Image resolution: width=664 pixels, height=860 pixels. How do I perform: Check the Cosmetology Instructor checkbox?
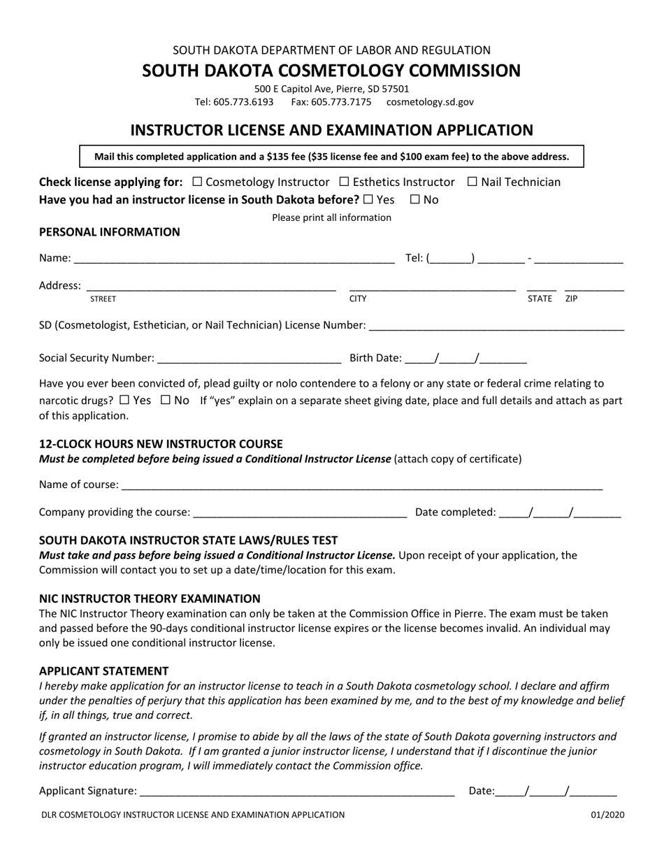tap(197, 182)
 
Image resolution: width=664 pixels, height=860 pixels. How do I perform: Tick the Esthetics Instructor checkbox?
tap(344, 182)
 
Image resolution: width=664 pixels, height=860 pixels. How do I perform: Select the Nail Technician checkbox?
tap(472, 182)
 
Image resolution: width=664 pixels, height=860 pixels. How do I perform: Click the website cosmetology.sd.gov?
tap(430, 102)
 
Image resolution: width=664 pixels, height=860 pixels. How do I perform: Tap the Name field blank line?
tap(233, 259)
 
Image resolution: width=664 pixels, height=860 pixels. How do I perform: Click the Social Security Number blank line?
tap(250, 359)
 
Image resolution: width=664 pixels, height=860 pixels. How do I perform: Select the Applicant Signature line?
tap(297, 791)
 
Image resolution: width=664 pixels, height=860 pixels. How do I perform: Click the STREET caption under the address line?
tap(103, 299)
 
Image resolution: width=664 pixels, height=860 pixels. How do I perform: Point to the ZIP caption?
tap(572, 299)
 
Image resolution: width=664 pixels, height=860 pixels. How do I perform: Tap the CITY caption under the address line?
tap(358, 299)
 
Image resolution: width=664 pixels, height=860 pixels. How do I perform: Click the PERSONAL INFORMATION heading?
tap(110, 232)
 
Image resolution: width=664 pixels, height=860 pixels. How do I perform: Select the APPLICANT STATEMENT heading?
tap(104, 671)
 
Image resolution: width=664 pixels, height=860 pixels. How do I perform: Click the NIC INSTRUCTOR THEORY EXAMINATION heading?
tap(150, 599)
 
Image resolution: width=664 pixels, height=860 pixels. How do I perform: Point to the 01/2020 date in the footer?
tap(607, 815)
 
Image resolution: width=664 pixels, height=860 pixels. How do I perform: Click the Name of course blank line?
tap(361, 485)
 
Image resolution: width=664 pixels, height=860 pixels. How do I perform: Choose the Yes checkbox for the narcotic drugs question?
tap(124, 401)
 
